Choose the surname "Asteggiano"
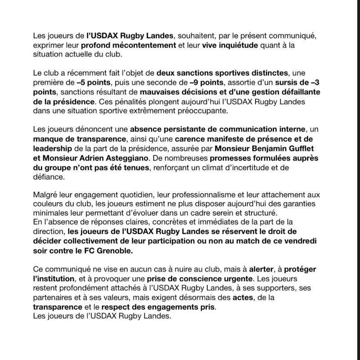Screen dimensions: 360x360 coord(135,158)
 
